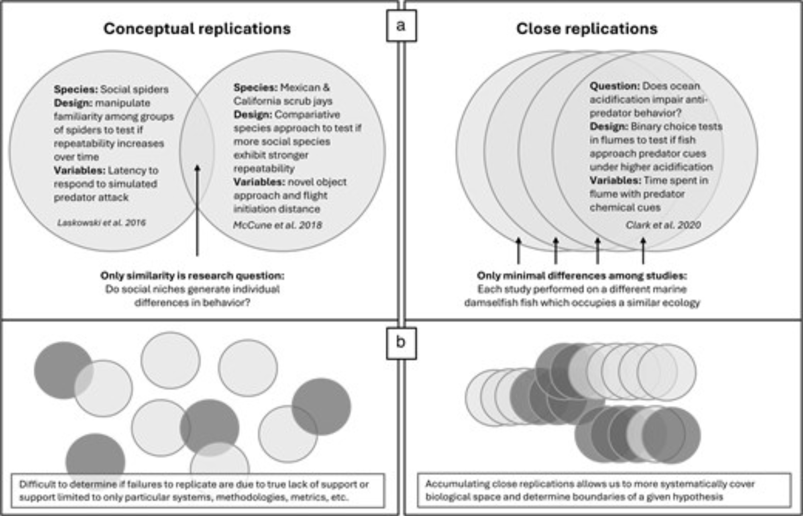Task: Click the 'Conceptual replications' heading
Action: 197,29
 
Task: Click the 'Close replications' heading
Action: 587,29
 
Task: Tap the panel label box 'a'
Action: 401,26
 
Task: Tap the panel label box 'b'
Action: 401,343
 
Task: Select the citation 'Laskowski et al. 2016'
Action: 102,223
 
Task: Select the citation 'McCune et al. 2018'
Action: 277,225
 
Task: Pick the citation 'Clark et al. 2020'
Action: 663,225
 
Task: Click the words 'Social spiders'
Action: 134,89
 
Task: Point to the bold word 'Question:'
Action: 615,86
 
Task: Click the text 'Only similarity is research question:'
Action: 192,276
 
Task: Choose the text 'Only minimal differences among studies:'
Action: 582,276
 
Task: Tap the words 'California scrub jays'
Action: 283,101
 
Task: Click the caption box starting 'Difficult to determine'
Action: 197,490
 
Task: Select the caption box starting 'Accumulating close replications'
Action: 604,490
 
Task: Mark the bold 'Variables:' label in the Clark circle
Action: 615,180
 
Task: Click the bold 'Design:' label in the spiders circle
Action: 73,103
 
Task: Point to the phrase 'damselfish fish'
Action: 501,303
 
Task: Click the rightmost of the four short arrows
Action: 643,251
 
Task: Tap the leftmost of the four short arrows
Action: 519,251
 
